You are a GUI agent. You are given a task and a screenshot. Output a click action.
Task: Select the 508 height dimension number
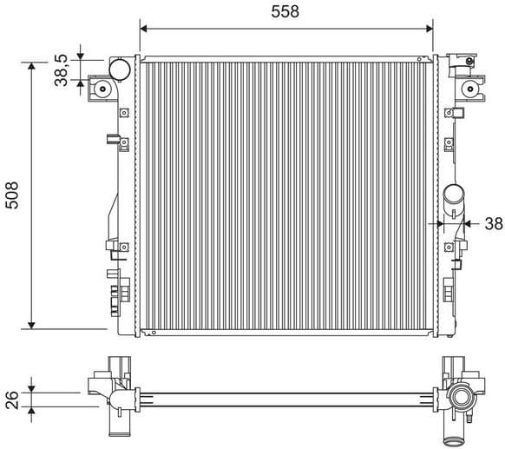11,195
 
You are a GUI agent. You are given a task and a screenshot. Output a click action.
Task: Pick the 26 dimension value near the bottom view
11,399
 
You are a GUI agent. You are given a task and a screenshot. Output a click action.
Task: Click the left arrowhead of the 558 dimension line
144,28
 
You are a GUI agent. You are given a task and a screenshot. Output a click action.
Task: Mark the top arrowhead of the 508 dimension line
32,67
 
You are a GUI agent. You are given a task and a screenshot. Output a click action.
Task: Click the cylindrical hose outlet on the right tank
453,202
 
